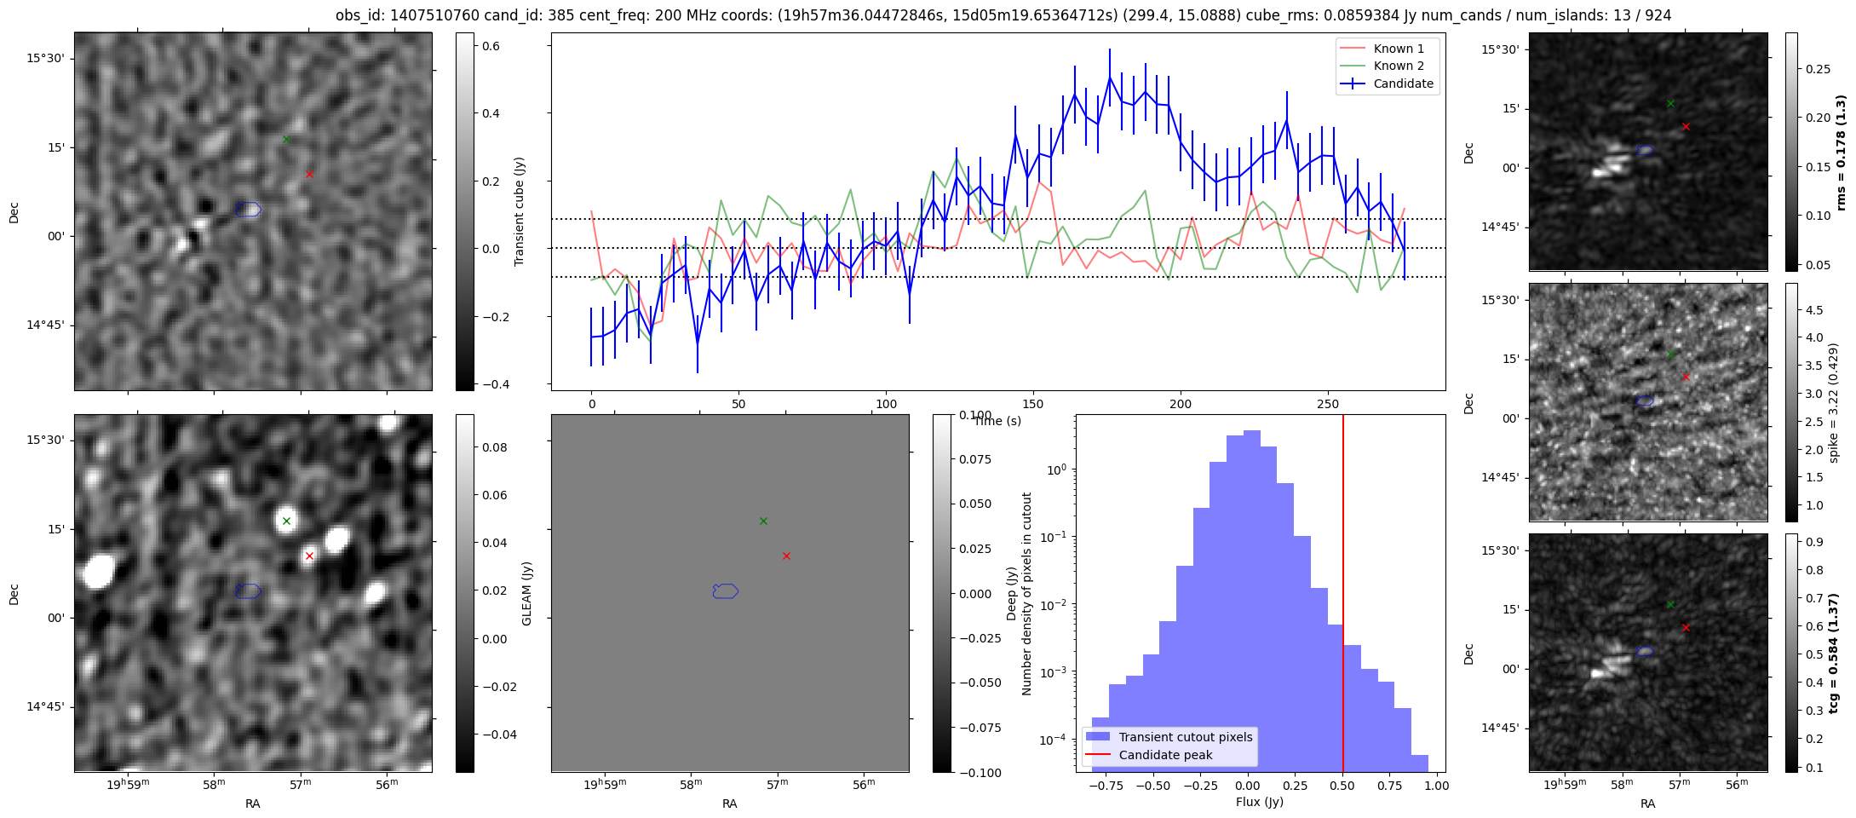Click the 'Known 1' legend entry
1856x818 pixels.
1398,49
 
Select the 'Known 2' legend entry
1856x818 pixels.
1398,66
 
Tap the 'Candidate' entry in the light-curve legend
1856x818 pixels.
1403,84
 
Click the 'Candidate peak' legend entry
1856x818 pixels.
1165,755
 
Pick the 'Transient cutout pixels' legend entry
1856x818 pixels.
1185,737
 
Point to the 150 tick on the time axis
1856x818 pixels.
1033,403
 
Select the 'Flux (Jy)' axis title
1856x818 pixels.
1259,802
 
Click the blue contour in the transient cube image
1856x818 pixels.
249,209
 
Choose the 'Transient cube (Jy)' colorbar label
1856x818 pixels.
519,211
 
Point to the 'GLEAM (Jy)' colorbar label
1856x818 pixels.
526,594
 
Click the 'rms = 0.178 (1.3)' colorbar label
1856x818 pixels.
1840,153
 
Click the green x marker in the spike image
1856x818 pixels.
1670,354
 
